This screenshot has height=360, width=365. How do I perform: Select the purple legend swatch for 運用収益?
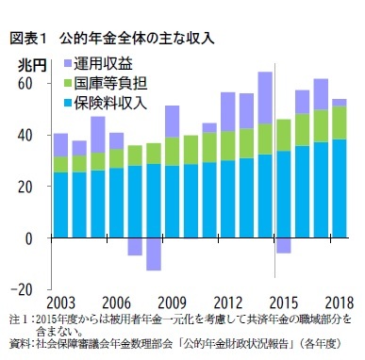tap(68, 65)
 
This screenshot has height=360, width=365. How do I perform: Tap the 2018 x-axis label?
tap(337, 303)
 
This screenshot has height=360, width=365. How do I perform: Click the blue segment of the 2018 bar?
tap(338, 188)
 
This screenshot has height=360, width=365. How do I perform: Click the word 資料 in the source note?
tap(19, 343)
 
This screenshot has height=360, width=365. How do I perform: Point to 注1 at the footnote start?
tap(18, 319)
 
